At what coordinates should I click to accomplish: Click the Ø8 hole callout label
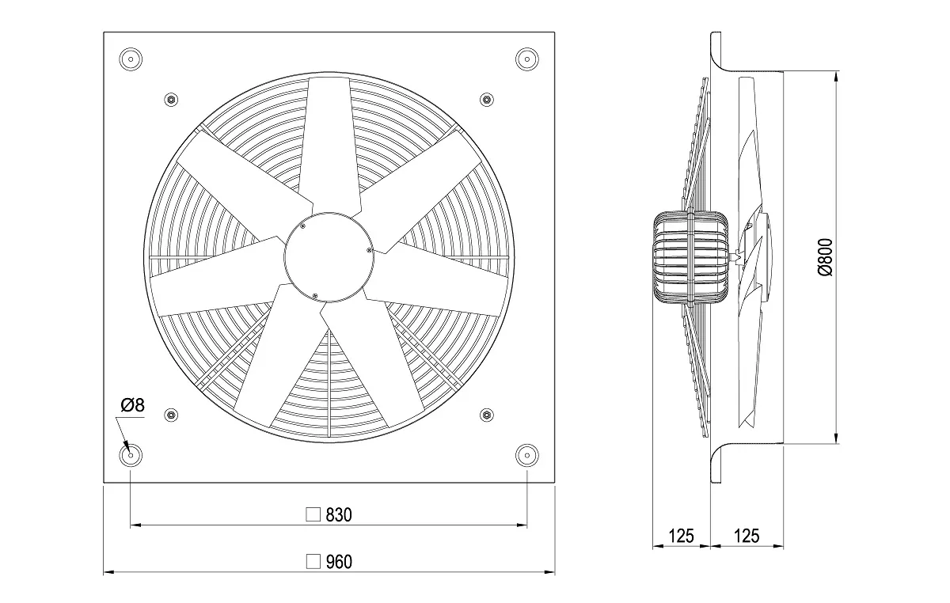[133, 405]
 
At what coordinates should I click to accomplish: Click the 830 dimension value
[339, 515]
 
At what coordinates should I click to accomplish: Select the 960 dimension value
[339, 562]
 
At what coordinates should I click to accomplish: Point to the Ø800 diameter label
[825, 257]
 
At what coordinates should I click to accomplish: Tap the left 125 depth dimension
[681, 536]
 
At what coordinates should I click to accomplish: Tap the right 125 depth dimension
[747, 536]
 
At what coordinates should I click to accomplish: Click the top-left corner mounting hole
[131, 59]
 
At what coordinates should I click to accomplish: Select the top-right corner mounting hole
[527, 59]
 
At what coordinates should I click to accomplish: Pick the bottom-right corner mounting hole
[527, 456]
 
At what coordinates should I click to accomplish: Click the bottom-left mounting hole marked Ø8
[131, 456]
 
